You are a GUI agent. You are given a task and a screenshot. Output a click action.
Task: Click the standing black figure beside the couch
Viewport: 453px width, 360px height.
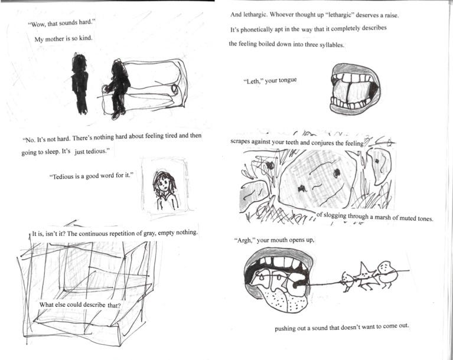tap(80, 84)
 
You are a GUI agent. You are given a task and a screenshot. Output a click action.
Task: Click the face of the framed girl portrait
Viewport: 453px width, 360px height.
tap(164, 183)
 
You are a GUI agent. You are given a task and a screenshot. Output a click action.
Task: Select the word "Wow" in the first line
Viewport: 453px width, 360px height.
tap(37, 24)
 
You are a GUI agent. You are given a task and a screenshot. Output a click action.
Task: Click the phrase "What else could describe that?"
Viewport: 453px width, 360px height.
tap(80, 305)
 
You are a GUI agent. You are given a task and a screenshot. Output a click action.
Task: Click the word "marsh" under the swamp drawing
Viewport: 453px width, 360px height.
tap(382, 217)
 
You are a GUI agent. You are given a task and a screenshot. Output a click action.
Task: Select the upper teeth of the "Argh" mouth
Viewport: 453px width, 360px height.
tap(278, 263)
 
